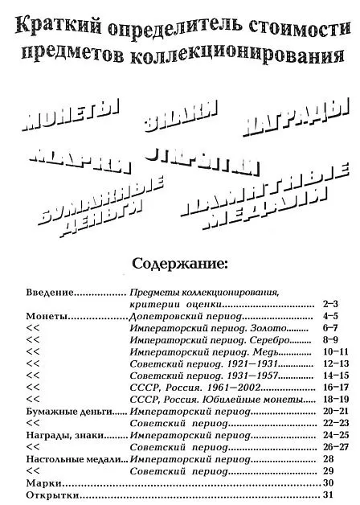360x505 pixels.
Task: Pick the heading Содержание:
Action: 180,262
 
